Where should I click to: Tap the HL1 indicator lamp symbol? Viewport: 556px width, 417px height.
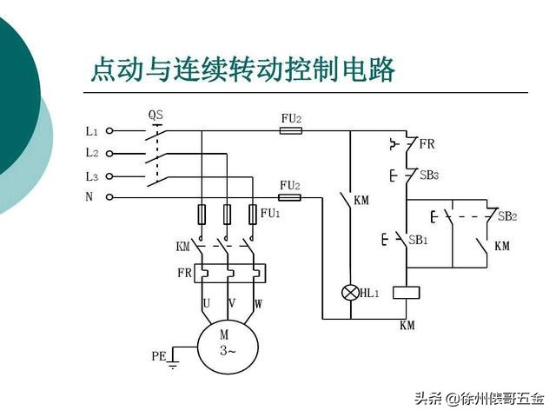pos(351,294)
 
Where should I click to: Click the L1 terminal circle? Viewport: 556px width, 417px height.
pos(109,131)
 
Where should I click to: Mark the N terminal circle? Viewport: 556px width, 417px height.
pos(109,197)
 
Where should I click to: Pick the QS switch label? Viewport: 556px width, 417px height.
pos(156,115)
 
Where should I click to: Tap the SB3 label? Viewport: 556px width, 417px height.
pos(429,175)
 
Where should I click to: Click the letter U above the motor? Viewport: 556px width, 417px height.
pos(207,304)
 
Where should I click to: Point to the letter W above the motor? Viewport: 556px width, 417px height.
pos(258,304)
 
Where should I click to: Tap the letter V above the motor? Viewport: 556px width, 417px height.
pos(232,304)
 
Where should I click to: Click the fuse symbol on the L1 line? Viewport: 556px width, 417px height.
pos(290,131)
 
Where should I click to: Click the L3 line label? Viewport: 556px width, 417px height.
pos(91,175)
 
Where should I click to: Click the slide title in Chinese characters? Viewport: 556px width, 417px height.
pos(242,69)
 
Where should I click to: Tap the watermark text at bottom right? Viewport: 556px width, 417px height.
pos(479,399)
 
